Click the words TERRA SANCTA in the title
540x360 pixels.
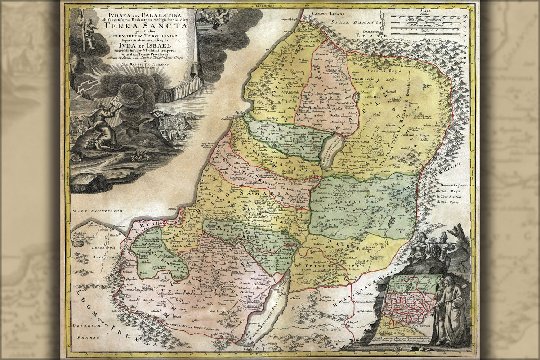[149, 26]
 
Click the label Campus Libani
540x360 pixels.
[323, 14]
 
